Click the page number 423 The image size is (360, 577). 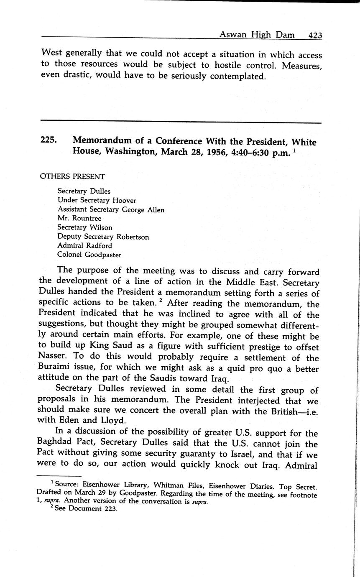click(x=315, y=36)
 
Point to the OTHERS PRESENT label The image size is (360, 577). click(x=72, y=176)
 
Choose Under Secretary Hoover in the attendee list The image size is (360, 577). click(x=97, y=200)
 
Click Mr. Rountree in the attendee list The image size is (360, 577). click(x=79, y=218)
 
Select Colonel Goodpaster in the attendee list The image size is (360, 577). click(x=89, y=255)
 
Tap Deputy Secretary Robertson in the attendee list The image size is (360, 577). click(x=103, y=237)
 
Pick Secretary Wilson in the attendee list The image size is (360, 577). click(x=85, y=227)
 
